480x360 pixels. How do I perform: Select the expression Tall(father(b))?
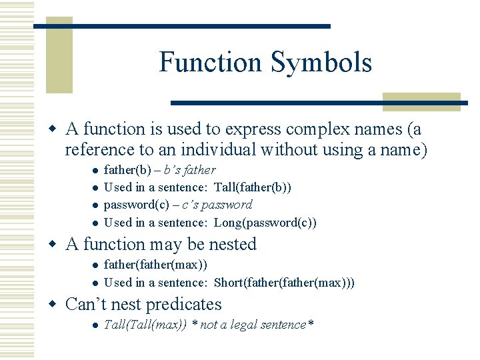(x=253, y=187)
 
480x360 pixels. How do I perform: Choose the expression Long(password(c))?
(x=265, y=222)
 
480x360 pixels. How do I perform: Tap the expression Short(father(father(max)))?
(x=284, y=282)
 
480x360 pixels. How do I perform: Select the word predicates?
(x=183, y=305)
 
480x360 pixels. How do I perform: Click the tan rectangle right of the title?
(x=421, y=101)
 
